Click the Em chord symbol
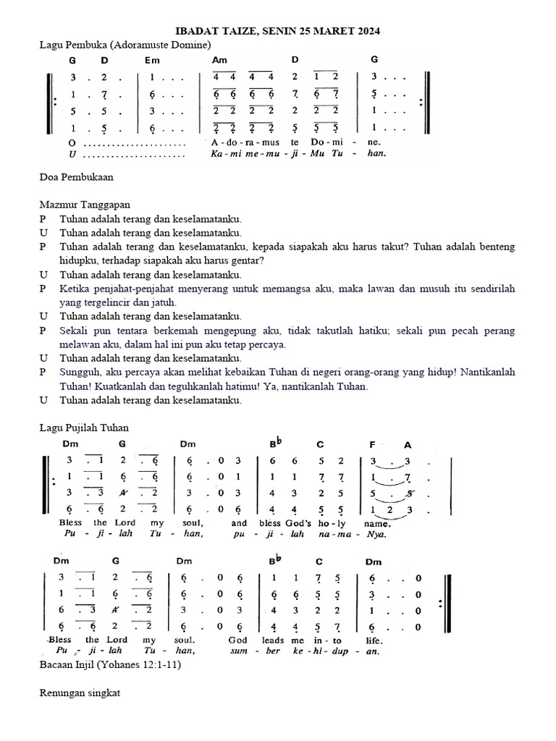[153, 60]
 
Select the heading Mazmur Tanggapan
[85, 205]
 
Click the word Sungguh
[80, 372]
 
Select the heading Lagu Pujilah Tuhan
[84, 428]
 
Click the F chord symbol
[371, 444]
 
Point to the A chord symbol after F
[408, 444]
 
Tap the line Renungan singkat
[80, 693]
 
